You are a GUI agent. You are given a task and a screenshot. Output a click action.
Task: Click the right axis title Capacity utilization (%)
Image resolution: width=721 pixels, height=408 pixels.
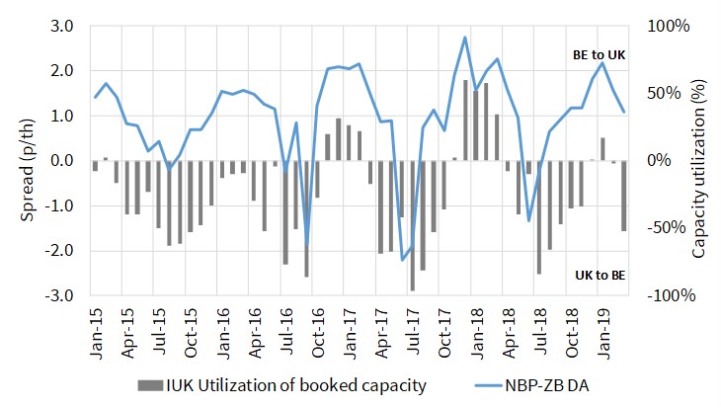(699, 160)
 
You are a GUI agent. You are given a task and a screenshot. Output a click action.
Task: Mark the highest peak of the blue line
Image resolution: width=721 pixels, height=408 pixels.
(465, 38)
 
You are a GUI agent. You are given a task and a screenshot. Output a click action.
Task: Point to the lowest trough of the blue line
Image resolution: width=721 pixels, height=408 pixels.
(402, 260)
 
